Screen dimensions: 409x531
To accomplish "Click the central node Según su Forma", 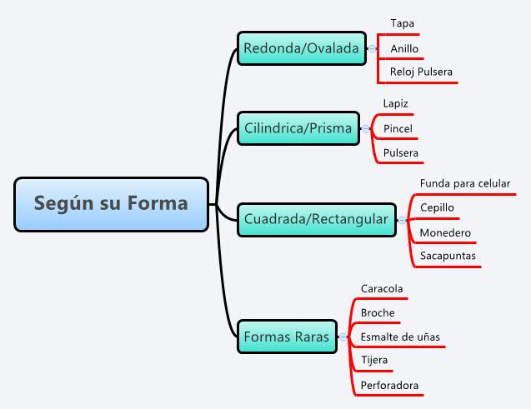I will [111, 203].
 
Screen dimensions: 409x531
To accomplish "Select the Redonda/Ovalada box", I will [301, 48].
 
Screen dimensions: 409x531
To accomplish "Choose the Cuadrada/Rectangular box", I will [316, 219].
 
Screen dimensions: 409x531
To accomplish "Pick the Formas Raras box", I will [286, 337].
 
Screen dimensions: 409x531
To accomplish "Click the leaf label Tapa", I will [402, 23].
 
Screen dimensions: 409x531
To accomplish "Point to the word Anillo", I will [404, 48].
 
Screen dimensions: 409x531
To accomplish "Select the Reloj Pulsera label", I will [421, 72].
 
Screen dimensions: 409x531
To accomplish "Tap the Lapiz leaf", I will [395, 103].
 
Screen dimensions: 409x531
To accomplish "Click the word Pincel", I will [398, 128].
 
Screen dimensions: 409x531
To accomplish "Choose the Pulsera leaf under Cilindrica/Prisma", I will [400, 153].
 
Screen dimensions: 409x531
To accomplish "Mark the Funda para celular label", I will [465, 183].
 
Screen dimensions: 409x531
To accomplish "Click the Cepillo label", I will [438, 207].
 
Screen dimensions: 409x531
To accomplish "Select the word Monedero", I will [445, 232].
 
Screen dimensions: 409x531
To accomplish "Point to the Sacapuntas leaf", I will [448, 256].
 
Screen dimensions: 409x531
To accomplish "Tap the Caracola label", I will [382, 289].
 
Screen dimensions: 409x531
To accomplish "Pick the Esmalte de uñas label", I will [400, 337].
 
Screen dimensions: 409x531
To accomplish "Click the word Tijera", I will [374, 360].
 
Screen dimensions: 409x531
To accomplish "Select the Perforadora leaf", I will [389, 386].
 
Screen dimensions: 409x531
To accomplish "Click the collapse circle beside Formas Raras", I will [342, 337].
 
